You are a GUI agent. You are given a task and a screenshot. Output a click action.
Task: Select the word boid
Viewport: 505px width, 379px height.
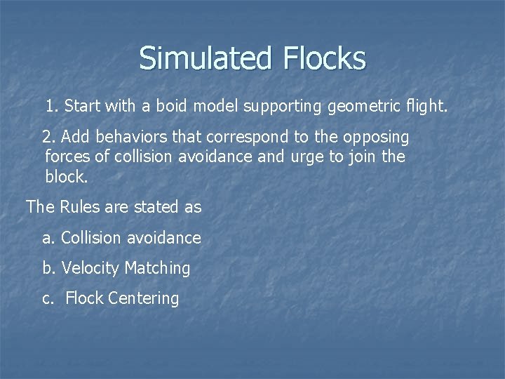click(189, 107)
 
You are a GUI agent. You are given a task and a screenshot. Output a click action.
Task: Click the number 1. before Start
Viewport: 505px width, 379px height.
click(52, 107)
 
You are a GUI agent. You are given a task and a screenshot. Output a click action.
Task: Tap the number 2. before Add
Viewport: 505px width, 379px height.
click(49, 137)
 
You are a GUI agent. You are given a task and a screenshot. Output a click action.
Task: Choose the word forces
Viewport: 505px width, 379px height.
click(67, 157)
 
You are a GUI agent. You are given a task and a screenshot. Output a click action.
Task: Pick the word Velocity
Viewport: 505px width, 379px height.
click(90, 268)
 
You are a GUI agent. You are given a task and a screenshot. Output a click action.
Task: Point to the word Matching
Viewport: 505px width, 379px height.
click(157, 268)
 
